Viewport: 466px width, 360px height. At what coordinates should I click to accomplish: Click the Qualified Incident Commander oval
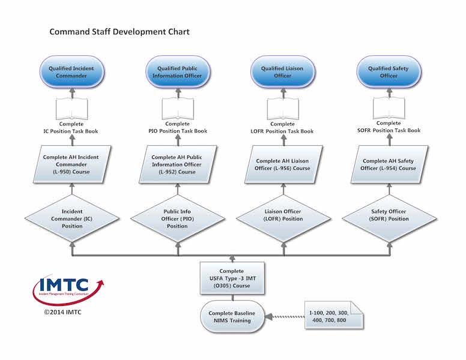[x=71, y=72]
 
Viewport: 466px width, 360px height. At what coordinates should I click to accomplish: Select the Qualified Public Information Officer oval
[x=177, y=72]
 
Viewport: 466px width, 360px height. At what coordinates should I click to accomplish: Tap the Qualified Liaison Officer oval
[x=283, y=72]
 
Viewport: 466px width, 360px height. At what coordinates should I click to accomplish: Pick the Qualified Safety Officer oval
[x=389, y=72]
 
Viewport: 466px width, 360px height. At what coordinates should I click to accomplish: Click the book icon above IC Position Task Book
[x=71, y=109]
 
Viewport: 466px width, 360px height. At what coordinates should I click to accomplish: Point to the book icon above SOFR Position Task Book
[x=389, y=108]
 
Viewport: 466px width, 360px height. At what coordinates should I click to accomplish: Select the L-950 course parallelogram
[x=72, y=164]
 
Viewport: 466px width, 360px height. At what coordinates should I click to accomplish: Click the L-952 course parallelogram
[x=178, y=164]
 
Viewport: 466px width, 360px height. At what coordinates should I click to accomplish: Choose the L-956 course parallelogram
[x=283, y=164]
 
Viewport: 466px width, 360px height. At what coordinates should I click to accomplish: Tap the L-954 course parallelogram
[x=389, y=164]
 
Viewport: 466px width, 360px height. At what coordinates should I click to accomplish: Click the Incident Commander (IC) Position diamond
[x=72, y=218]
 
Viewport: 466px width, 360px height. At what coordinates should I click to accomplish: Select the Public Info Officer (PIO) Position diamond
[x=178, y=218]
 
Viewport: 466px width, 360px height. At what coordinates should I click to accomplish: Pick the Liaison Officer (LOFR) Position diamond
[x=283, y=218]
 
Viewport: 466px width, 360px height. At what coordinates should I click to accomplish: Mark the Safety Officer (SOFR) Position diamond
[x=389, y=218]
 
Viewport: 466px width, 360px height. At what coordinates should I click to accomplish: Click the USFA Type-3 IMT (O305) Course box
[x=232, y=278]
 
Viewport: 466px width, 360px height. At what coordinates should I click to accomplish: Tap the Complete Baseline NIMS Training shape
[x=232, y=317]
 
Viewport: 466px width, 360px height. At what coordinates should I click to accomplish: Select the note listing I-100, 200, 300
[x=334, y=315]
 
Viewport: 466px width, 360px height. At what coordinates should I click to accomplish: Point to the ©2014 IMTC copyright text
[x=62, y=312]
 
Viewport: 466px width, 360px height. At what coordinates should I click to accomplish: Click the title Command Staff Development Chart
[x=120, y=32]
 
